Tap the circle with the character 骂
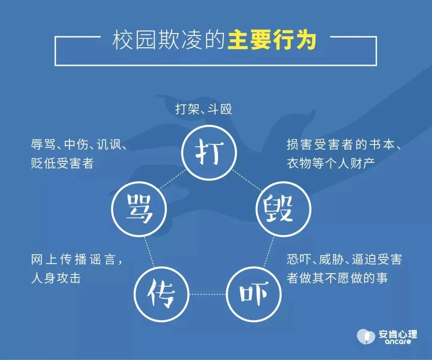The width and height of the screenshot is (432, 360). pos(139,182)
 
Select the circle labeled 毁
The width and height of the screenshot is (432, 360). pos(284,182)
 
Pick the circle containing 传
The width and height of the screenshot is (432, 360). pos(162,267)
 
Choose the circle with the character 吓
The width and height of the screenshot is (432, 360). pos(254,267)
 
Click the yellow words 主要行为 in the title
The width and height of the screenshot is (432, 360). pos(272,40)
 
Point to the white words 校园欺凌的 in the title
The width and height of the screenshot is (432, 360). pos(169,40)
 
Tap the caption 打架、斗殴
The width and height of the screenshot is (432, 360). pos(204,109)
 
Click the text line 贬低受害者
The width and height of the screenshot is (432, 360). pos(62,163)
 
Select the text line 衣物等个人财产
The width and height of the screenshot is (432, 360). pos(331,163)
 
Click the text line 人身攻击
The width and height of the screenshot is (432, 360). pos(56,278)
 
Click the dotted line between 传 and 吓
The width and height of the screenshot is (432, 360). pos(208,294)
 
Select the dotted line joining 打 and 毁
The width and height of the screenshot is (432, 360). pos(247,181)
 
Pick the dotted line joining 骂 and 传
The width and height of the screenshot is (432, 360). pos(149,251)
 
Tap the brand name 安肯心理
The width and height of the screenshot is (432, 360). pos(398,334)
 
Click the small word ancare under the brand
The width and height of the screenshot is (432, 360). pos(398,342)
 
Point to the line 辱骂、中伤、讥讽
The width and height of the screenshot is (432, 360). pos(79,145)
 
